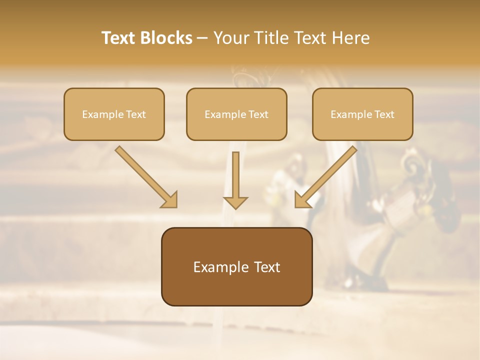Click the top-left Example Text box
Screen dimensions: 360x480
114,114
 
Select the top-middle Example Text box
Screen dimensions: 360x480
236,114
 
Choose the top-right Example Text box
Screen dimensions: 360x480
362,114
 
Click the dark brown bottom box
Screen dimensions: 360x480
236,266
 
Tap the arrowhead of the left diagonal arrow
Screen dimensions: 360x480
169,199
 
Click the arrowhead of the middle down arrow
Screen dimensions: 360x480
235,202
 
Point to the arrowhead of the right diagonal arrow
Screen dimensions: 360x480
302,199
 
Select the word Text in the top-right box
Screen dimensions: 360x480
384,114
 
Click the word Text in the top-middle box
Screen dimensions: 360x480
258,114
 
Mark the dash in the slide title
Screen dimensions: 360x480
202,38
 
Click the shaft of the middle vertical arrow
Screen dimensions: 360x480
235,172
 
